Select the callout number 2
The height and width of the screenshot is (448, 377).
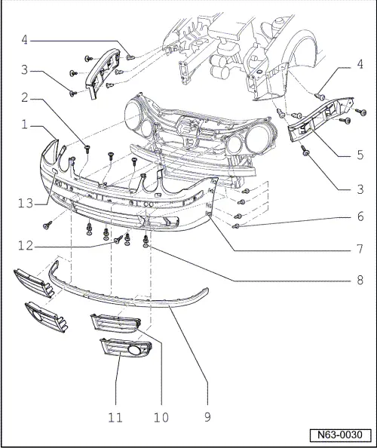(x=24, y=97)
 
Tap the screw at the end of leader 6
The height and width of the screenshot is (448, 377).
(x=236, y=225)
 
